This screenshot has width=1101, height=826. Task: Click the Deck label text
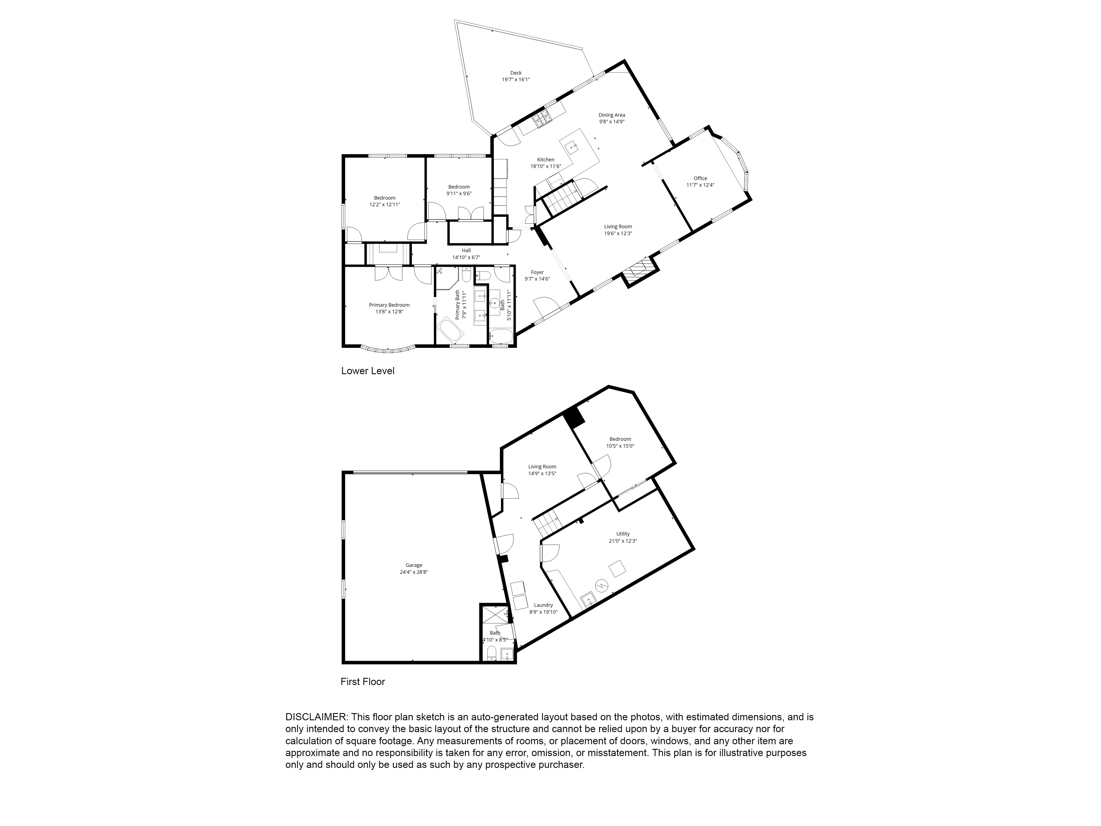(x=516, y=73)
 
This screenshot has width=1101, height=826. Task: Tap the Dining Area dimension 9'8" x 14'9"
(x=612, y=121)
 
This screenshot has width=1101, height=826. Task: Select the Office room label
(x=700, y=178)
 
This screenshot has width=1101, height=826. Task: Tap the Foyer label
(x=537, y=272)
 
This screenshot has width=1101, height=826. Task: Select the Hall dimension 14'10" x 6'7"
(x=466, y=257)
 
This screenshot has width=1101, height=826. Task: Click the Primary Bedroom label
(x=389, y=305)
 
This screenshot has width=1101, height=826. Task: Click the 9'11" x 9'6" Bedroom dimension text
(x=459, y=194)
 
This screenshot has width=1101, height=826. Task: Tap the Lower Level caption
(x=368, y=371)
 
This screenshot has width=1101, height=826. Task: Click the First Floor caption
(x=363, y=682)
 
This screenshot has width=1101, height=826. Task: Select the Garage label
(x=414, y=565)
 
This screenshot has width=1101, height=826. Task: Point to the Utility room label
(x=623, y=534)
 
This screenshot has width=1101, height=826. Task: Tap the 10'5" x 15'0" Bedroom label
(x=620, y=439)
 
